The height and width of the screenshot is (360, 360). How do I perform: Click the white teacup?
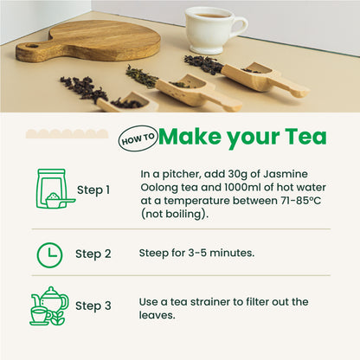pyautogui.click(x=213, y=30)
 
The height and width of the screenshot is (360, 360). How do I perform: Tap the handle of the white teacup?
pyautogui.click(x=241, y=28)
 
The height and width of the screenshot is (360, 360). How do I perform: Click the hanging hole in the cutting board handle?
pyautogui.click(x=32, y=46)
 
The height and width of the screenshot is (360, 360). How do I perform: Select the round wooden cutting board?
pyautogui.click(x=89, y=41)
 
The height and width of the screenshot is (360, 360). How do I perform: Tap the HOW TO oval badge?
pyautogui.click(x=138, y=138)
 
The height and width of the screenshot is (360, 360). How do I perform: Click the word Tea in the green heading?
pyautogui.click(x=305, y=136)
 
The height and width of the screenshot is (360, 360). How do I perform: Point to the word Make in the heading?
pyautogui.click(x=190, y=136)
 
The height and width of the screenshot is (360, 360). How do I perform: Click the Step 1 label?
pyautogui.click(x=93, y=190)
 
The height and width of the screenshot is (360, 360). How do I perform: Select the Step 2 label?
pyautogui.click(x=93, y=254)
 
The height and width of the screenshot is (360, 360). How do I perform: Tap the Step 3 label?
pyautogui.click(x=93, y=306)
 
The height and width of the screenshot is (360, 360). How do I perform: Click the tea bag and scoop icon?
pyautogui.click(x=55, y=189)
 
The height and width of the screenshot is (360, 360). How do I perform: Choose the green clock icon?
pyautogui.click(x=49, y=255)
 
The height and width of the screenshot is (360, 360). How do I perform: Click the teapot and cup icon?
pyautogui.click(x=49, y=306)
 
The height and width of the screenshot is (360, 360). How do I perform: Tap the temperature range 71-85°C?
pyautogui.click(x=300, y=201)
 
